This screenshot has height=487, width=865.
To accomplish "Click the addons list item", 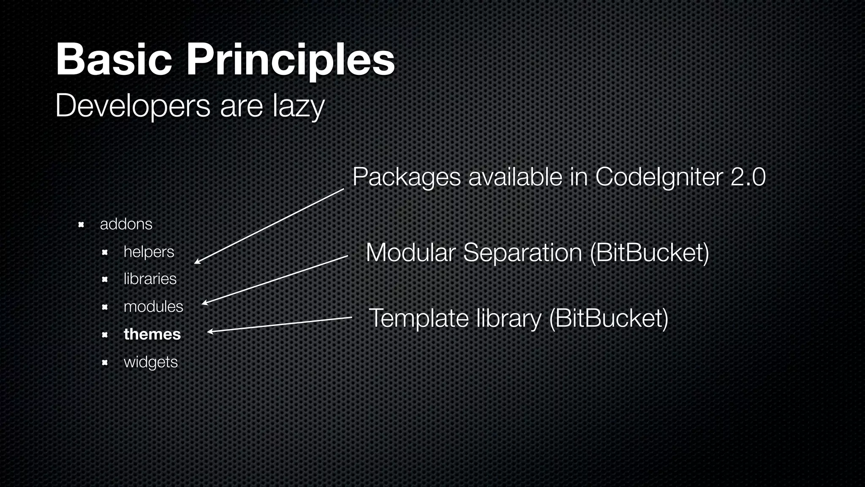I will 126,224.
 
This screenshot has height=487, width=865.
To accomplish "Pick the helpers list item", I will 149,252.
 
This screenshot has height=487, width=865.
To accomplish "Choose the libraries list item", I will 150,279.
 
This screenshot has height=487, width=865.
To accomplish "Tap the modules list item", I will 153,306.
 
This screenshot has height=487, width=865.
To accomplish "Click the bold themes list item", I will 152,334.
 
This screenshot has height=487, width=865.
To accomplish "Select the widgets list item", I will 150,362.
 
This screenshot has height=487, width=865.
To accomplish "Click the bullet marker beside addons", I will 82,224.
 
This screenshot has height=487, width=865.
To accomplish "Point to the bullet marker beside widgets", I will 105,362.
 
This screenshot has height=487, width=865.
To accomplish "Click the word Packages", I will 406,177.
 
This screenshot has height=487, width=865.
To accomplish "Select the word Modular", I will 410,252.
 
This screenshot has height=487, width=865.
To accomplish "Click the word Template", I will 419,318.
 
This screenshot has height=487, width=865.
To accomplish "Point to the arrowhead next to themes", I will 209,332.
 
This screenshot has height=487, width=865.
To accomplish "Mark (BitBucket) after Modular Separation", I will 649,253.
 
